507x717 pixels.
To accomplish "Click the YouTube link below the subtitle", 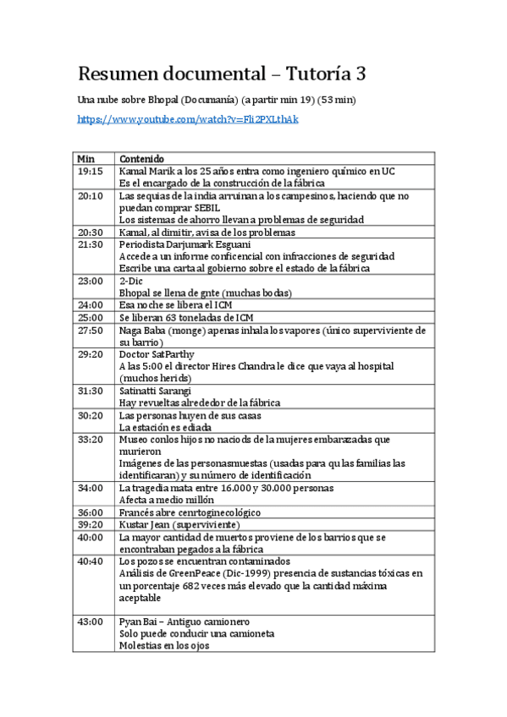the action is (x=187, y=120).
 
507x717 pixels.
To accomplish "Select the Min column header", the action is (x=85, y=159).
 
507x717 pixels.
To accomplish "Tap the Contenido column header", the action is (x=141, y=159).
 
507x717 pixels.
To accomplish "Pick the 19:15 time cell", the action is (x=89, y=171).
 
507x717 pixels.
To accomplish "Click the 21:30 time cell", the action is (x=89, y=244).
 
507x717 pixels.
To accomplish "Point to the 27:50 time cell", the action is (x=89, y=331).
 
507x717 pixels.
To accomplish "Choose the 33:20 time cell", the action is (x=89, y=440).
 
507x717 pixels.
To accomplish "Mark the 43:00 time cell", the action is (x=89, y=622).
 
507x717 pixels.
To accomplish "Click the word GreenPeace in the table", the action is (x=183, y=573).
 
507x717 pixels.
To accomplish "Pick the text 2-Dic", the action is (x=130, y=281).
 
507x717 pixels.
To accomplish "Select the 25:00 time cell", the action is (x=89, y=318).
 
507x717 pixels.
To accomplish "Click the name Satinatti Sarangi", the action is (x=155, y=391).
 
